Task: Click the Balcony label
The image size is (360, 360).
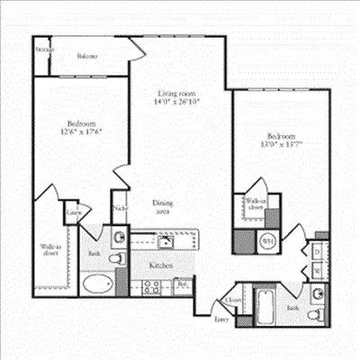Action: tap(87, 56)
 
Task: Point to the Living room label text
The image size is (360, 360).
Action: tap(176, 93)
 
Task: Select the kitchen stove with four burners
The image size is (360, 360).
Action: tap(152, 288)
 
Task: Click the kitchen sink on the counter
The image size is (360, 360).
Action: tap(166, 241)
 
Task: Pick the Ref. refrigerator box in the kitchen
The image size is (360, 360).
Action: tap(183, 287)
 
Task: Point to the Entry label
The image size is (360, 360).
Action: tap(220, 318)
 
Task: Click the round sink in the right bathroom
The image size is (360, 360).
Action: tap(318, 294)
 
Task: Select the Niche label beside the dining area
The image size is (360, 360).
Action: tap(120, 209)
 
